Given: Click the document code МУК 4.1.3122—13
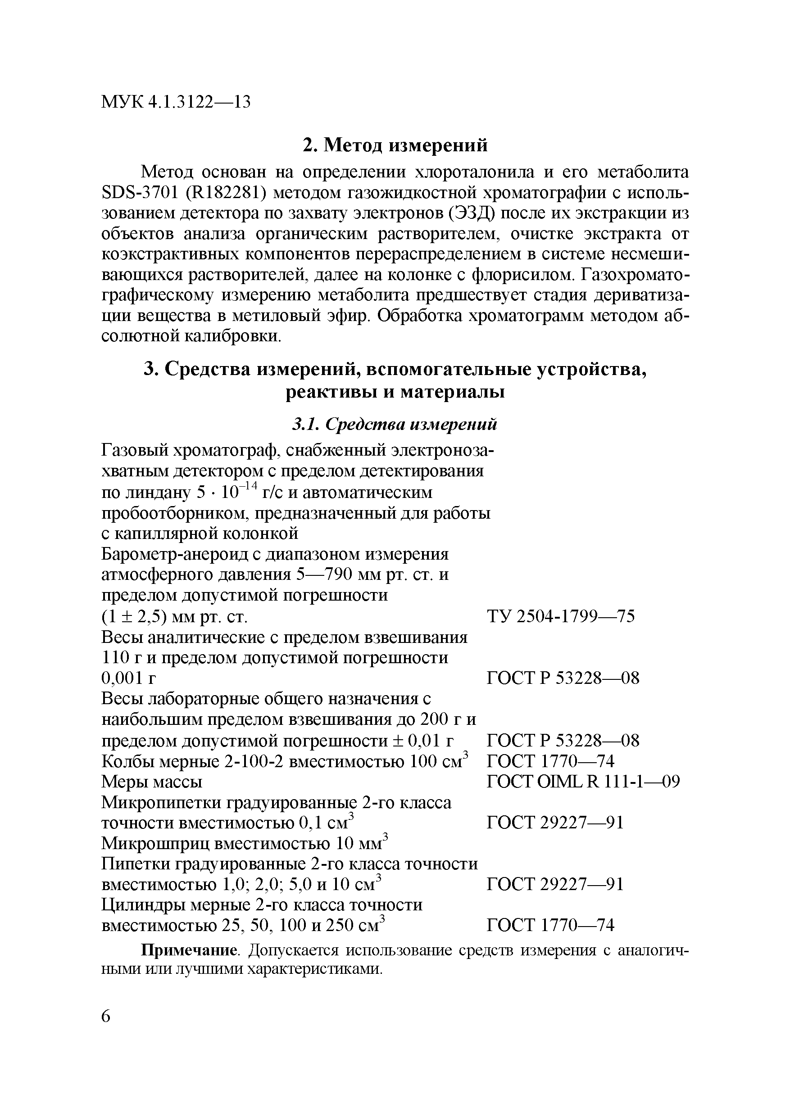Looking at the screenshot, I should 176,102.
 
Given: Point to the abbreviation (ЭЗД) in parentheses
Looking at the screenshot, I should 471,213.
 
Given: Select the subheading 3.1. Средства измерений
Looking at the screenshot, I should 395,424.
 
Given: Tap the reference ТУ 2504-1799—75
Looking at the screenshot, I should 561,616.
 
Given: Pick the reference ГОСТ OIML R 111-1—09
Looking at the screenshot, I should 583,781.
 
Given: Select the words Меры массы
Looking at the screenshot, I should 152,781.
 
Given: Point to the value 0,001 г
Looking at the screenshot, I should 128,678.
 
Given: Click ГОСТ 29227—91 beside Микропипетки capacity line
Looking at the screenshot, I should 555,823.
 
